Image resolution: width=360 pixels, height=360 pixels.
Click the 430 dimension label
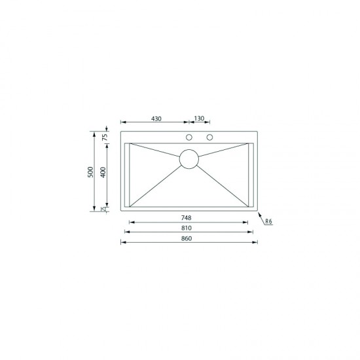point(156,118)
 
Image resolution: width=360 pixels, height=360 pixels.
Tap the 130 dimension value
point(199,118)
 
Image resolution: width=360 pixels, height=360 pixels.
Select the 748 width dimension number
point(189,218)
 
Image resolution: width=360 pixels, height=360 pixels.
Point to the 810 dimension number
point(189,228)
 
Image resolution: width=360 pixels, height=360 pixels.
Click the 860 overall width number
point(189,238)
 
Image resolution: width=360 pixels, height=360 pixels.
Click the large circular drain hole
point(189,159)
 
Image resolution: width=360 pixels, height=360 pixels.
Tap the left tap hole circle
point(189,137)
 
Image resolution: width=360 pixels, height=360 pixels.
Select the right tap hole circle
point(210,137)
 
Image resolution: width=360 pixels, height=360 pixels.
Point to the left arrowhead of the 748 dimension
point(130,223)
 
